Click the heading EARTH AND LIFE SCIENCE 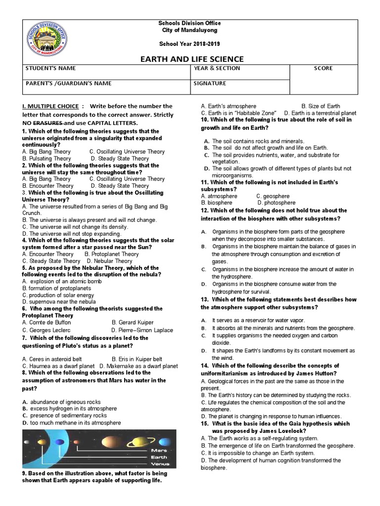tap(190, 59)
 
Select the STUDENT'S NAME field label tap(50, 68)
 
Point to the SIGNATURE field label tap(210, 83)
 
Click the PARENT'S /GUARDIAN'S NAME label tap(68, 83)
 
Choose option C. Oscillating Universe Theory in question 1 tap(127, 152)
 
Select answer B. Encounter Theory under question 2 tap(47, 186)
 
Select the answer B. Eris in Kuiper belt tap(137, 359)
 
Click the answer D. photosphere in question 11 tap(276, 203)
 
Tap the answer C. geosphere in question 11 tap(273, 196)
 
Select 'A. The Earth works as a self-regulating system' tap(259, 438)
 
